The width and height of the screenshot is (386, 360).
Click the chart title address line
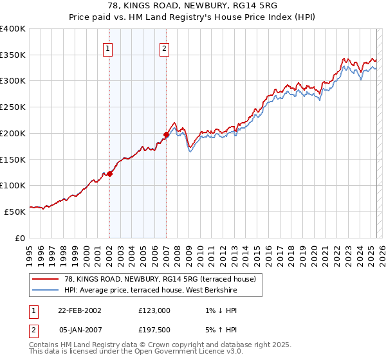click(192, 6)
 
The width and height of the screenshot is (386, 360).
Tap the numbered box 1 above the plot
click(107, 48)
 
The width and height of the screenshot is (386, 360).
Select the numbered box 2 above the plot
click(165, 48)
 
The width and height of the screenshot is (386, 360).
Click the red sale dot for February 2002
click(109, 174)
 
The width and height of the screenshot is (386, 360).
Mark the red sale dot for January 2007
click(166, 134)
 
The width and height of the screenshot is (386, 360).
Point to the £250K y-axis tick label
click(13, 107)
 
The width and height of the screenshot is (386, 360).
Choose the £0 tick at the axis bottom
click(21, 237)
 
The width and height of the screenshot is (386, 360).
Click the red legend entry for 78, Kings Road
click(160, 278)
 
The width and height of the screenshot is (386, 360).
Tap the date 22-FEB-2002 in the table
click(79, 310)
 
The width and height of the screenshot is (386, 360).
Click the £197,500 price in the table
click(154, 329)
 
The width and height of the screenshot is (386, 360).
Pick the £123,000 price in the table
click(154, 310)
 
